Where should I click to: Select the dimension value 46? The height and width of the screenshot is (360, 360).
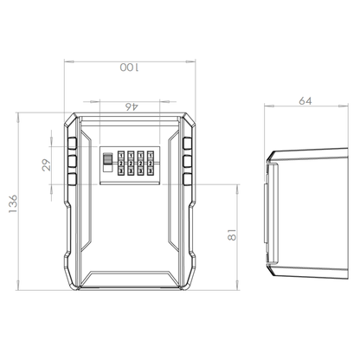(132, 106)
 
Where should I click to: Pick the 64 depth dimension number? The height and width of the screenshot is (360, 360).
(305, 101)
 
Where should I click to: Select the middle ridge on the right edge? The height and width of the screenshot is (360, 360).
(188, 161)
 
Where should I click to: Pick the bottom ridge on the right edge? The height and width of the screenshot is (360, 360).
(188, 180)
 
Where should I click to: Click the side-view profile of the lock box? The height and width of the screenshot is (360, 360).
(307, 208)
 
